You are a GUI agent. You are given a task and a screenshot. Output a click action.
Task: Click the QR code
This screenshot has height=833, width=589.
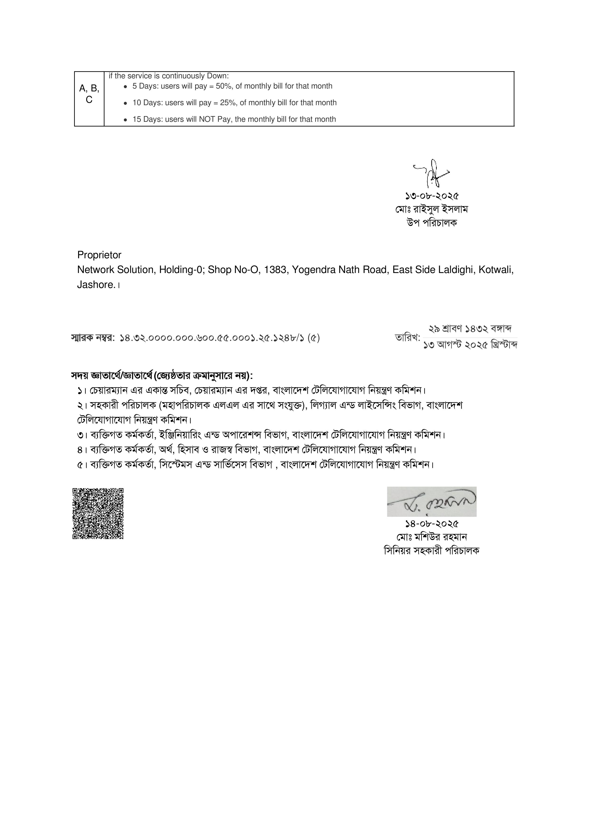tap(98, 513)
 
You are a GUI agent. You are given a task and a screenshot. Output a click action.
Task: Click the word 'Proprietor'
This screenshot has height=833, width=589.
tap(99, 255)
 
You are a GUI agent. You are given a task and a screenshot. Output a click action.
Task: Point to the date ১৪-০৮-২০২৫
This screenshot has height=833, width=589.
tap(432, 524)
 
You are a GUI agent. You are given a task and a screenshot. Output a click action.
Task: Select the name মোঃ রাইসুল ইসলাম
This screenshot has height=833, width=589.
tap(432, 209)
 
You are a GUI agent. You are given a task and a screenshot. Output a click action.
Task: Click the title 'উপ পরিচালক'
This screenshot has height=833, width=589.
tap(432, 223)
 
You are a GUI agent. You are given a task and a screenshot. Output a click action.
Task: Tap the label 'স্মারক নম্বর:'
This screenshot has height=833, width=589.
tap(93, 338)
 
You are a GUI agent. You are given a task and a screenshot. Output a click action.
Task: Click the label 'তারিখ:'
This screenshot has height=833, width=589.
tap(407, 338)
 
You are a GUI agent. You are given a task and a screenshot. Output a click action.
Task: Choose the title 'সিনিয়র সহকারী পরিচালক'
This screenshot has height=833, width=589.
tap(432, 551)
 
